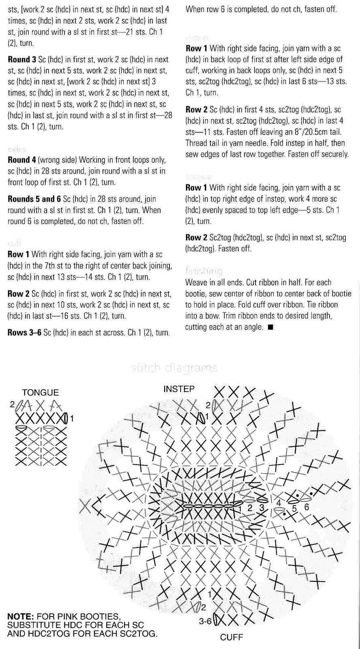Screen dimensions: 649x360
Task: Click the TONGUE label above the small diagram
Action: click(40, 392)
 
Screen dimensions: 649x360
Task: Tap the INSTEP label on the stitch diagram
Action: click(179, 389)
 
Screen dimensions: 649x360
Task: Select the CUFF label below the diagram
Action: click(231, 637)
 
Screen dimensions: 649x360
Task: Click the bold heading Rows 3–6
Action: click(24, 333)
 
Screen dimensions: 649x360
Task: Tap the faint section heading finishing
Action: click(204, 271)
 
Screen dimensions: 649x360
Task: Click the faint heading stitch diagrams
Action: click(174, 368)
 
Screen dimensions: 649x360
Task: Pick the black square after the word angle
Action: click(270, 327)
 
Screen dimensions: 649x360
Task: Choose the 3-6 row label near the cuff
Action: click(205, 621)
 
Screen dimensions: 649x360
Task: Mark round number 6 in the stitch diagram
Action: click(306, 507)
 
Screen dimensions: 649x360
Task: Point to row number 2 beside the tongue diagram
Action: click(13, 404)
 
